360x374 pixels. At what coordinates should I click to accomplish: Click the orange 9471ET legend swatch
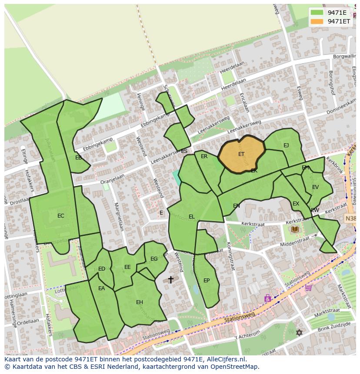pyautogui.click(x=317, y=21)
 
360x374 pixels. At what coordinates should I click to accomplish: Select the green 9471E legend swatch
pyautogui.click(x=317, y=13)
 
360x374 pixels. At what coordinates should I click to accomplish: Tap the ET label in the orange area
pyautogui.click(x=241, y=154)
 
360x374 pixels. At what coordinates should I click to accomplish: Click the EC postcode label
pyautogui.click(x=61, y=216)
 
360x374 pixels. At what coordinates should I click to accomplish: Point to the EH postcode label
pyautogui.click(x=140, y=302)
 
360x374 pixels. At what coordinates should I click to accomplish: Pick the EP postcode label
pyautogui.click(x=207, y=281)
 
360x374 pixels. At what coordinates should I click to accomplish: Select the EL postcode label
pyautogui.click(x=192, y=217)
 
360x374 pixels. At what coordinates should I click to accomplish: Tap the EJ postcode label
pyautogui.click(x=286, y=146)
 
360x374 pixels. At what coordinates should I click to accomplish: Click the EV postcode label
pyautogui.click(x=315, y=187)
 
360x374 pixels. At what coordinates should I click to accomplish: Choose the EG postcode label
pyautogui.click(x=154, y=259)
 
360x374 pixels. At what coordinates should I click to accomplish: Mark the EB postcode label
pyautogui.click(x=78, y=158)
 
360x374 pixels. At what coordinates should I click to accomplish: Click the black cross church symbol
pyautogui.click(x=171, y=279)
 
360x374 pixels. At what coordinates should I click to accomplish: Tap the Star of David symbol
pyautogui.click(x=299, y=333)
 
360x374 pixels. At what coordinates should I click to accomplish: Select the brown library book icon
pyautogui.click(x=295, y=229)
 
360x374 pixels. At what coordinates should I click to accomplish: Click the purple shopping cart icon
pyautogui.click(x=308, y=287)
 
